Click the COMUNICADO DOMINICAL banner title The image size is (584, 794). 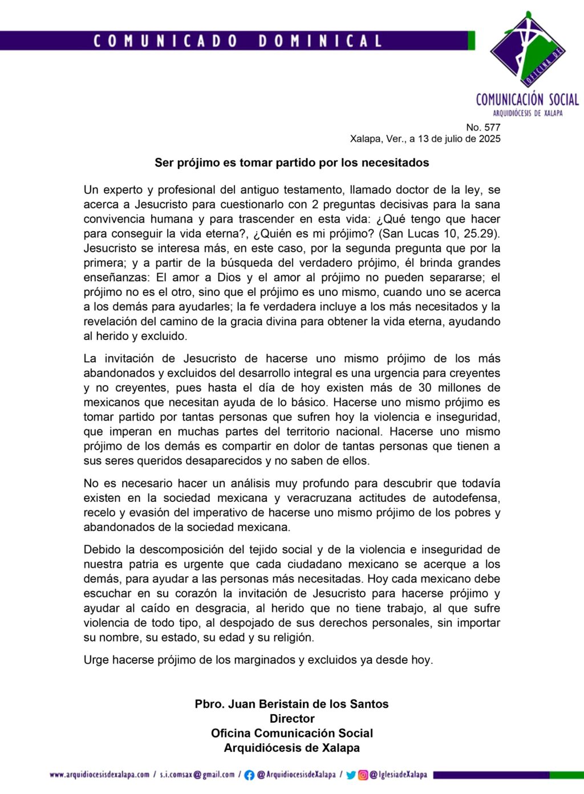(237, 41)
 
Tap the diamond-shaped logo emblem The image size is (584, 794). (528, 50)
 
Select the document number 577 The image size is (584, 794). (492, 127)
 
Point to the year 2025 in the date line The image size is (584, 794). (489, 139)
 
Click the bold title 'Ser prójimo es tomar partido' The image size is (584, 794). (291, 163)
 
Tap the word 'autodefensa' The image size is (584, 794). (466, 498)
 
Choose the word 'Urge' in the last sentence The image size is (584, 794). (96, 660)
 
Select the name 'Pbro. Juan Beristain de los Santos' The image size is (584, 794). (291, 704)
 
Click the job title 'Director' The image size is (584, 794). (292, 719)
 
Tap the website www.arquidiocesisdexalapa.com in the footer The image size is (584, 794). (99, 775)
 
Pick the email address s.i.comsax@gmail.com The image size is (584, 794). (197, 775)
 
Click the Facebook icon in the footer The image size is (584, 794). (249, 775)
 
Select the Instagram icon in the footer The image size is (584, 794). (363, 775)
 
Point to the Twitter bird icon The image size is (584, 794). (351, 775)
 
